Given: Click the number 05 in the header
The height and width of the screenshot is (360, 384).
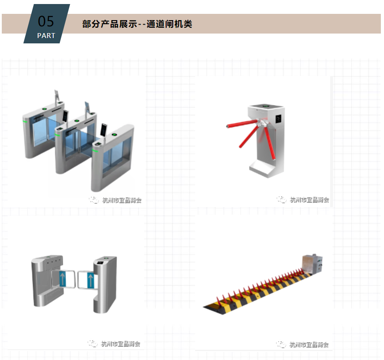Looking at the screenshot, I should tap(46, 21).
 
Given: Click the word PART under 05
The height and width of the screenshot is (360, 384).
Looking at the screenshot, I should tap(46, 35).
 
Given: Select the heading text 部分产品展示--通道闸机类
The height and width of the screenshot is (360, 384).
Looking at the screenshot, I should tap(137, 24).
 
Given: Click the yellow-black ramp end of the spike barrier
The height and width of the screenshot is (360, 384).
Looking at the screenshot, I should tap(213, 305).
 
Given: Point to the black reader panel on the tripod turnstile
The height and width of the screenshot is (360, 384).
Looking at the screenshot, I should tap(278, 119).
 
